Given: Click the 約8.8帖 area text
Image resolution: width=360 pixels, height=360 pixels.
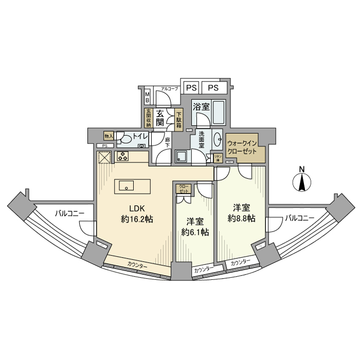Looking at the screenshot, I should [241, 219].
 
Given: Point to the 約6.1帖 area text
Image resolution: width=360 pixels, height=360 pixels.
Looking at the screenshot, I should [194, 232].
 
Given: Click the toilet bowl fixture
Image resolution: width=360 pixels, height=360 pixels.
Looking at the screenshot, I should [124, 139].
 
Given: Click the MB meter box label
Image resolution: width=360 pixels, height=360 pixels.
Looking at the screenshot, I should [147, 97].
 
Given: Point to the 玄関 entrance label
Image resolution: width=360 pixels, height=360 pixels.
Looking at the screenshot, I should [161, 118].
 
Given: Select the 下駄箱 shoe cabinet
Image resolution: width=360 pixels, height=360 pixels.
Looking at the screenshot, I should [178, 119].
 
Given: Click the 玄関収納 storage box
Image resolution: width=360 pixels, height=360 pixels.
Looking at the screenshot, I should [148, 118].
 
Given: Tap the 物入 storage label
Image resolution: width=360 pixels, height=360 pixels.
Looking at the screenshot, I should [109, 136].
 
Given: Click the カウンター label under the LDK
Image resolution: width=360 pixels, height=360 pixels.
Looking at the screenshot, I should [137, 265].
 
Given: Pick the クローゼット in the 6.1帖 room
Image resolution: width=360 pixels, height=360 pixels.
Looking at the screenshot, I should [184, 189].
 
